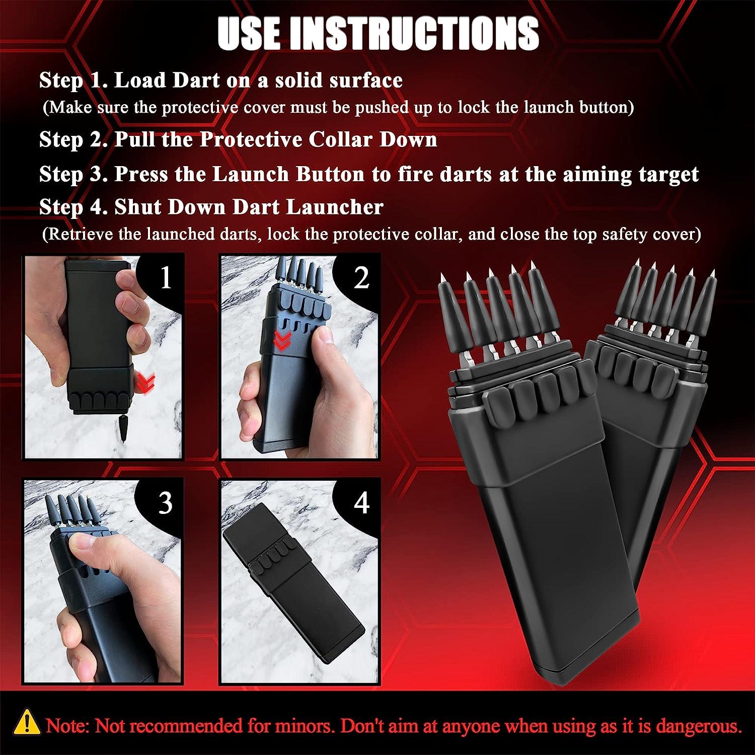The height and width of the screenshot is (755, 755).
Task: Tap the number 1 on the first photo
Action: (x=166, y=277)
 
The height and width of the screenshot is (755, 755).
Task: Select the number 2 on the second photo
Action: (x=361, y=277)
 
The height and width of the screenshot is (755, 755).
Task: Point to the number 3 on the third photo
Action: (x=166, y=502)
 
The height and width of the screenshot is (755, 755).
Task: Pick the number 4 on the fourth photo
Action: (x=361, y=502)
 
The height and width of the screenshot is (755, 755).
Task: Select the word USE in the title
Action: (x=249, y=33)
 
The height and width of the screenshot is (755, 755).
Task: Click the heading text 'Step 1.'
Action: (x=73, y=81)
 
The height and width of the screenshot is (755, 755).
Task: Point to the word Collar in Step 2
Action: (x=340, y=139)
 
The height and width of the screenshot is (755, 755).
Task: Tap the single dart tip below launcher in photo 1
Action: (x=123, y=427)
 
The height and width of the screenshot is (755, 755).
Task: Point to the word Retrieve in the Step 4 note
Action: (x=94, y=235)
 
